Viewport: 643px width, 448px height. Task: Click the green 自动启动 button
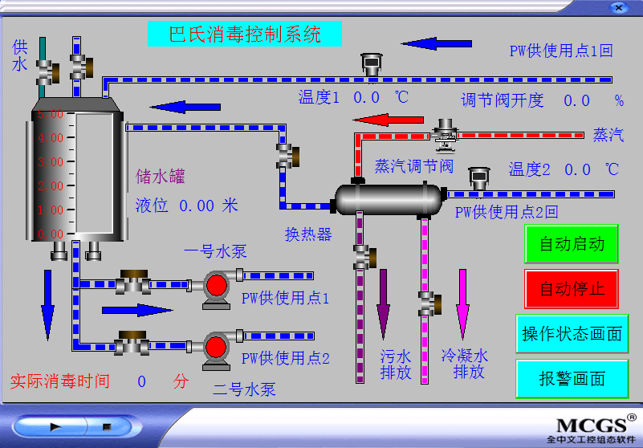point(572,244)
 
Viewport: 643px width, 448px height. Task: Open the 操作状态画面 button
point(572,334)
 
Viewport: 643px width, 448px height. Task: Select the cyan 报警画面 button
point(572,379)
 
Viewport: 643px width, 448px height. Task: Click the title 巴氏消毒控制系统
point(245,34)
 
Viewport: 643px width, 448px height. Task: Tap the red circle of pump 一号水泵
point(216,285)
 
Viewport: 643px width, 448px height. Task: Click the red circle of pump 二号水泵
point(216,346)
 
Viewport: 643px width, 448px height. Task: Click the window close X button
point(617,7)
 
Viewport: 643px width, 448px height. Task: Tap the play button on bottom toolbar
point(55,427)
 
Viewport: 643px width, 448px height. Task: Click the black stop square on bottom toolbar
point(105,427)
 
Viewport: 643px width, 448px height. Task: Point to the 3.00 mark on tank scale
point(50,162)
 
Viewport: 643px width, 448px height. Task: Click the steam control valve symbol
point(444,133)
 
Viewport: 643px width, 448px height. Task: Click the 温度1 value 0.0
point(366,98)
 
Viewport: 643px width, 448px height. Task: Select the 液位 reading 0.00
point(197,206)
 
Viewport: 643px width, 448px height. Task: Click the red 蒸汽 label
point(608,135)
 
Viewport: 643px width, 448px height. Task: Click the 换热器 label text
point(308,234)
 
